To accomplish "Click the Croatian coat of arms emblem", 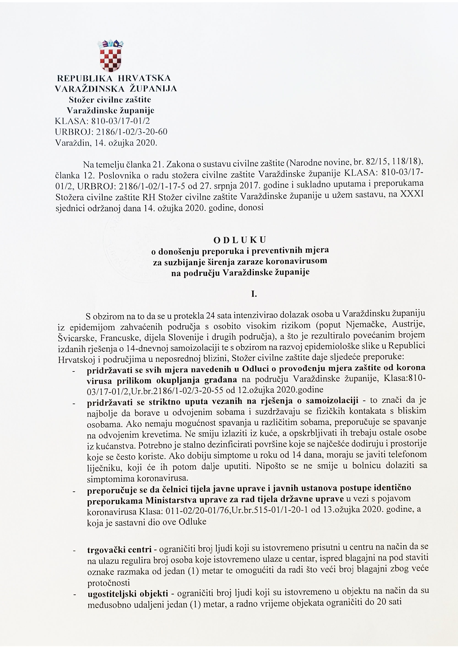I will tap(110, 56).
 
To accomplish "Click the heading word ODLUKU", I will tap(240, 240).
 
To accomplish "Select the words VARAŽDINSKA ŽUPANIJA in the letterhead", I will tap(116, 89).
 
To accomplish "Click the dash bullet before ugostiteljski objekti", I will tap(74, 594).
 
